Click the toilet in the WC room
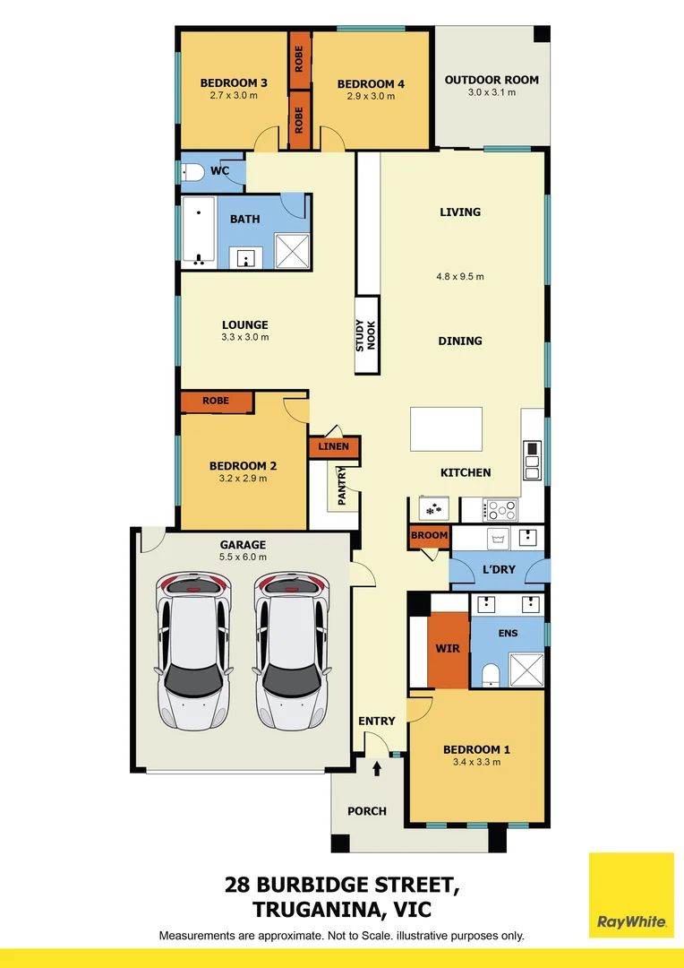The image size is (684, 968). tap(193, 173)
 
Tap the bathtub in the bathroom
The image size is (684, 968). tap(199, 232)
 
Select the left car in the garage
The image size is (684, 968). tap(193, 651)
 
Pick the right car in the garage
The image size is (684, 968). tap(292, 651)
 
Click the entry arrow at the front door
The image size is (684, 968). tap(377, 767)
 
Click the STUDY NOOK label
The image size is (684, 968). tap(367, 334)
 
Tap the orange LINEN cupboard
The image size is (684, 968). tap(334, 446)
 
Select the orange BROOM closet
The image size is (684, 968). tap(429, 536)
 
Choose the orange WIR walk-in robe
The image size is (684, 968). tap(448, 648)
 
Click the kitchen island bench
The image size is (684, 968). tap(447, 430)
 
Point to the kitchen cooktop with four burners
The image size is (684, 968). tap(501, 509)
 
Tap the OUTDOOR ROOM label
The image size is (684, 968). tap(492, 80)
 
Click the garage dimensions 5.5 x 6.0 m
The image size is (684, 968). tap(244, 557)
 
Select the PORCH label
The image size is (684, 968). tap(367, 811)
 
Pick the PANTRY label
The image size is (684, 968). tap(341, 487)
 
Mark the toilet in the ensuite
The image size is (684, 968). tap(490, 675)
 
